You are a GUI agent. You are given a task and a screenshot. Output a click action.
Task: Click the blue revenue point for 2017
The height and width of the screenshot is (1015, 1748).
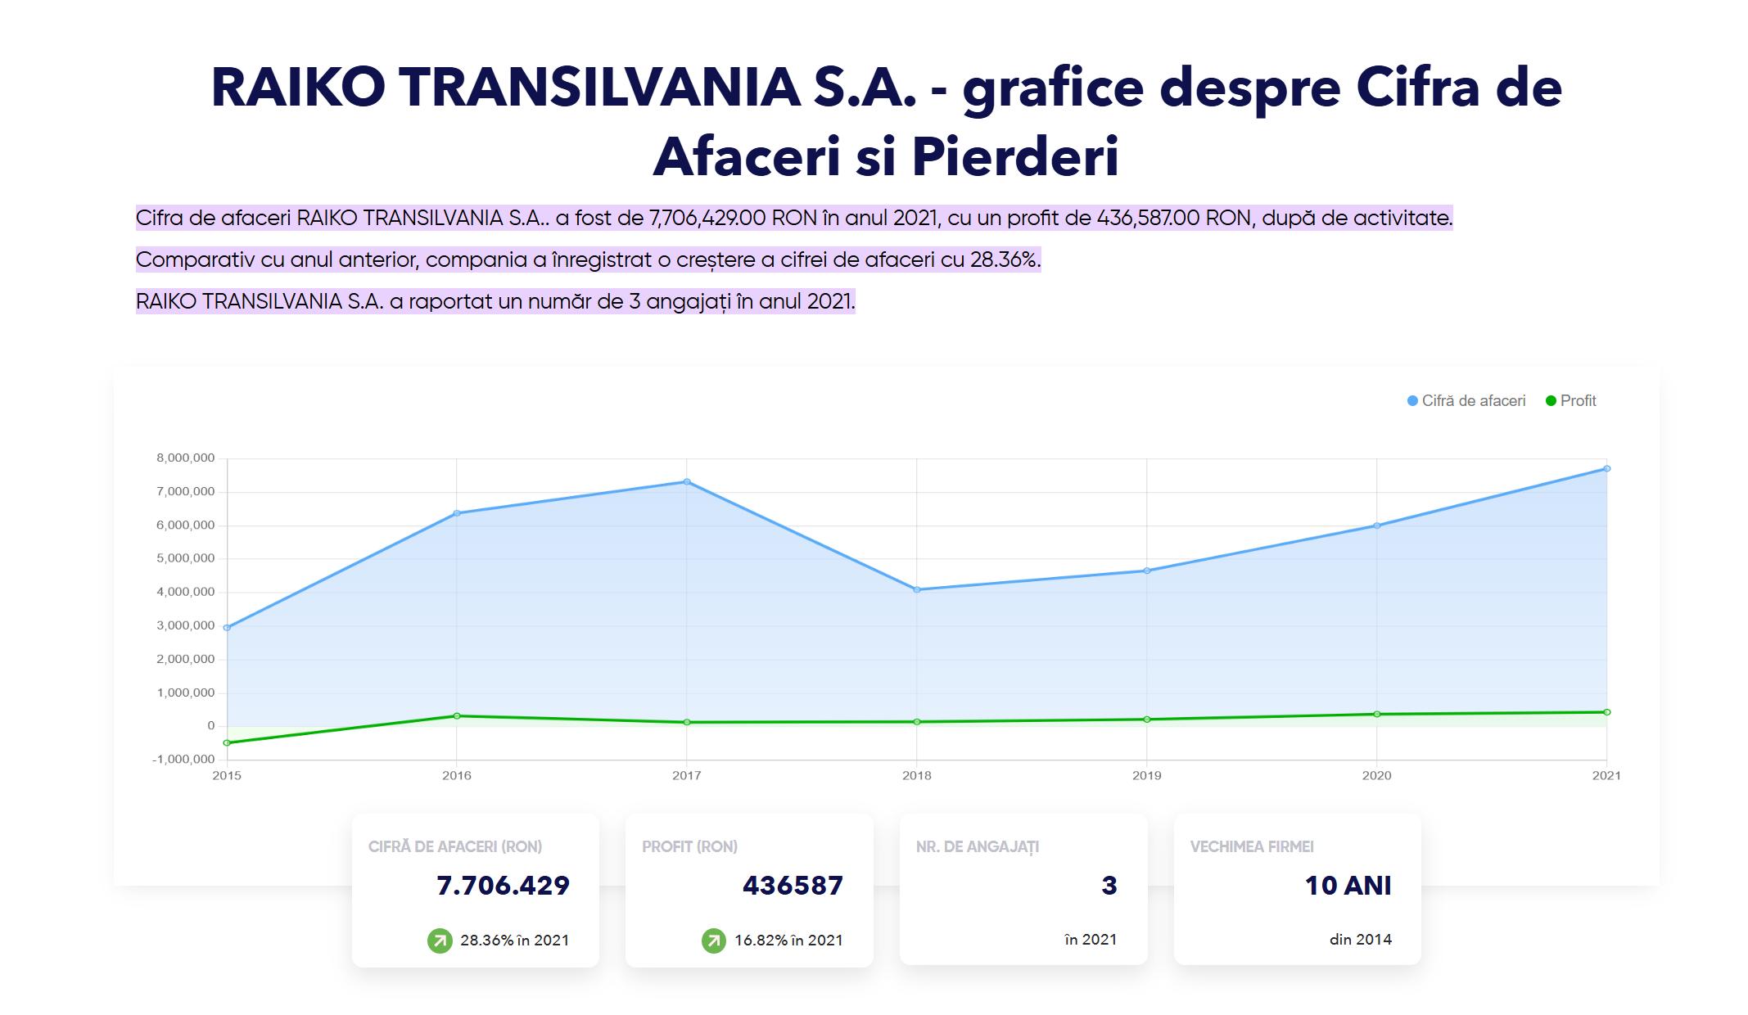tap(687, 481)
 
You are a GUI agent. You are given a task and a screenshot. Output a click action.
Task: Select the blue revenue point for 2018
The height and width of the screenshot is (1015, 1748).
tap(917, 589)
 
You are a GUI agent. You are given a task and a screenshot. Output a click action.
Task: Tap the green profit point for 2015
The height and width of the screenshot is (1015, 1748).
tap(227, 742)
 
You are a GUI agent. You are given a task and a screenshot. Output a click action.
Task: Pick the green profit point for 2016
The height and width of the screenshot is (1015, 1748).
tap(457, 716)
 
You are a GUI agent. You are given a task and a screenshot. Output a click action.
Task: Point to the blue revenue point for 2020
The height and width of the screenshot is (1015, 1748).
tap(1376, 526)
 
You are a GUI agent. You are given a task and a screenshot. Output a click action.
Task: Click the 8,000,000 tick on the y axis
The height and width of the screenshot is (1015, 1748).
tap(186, 458)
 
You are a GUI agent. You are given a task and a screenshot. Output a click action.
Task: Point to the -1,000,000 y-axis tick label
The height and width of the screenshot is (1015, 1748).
tap(183, 760)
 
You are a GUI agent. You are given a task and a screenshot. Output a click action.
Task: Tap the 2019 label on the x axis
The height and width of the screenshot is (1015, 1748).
tap(1146, 776)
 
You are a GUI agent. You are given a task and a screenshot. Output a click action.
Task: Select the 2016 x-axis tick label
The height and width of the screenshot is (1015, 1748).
tap(457, 776)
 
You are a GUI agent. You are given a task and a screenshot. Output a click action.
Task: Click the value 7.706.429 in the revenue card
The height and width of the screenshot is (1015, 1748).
tap(503, 886)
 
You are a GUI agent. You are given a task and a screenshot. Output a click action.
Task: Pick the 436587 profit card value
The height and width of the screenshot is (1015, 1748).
tap(793, 886)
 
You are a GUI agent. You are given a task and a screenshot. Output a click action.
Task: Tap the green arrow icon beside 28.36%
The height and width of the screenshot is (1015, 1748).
tap(440, 941)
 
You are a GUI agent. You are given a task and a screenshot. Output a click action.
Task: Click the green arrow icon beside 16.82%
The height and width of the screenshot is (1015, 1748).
tap(714, 941)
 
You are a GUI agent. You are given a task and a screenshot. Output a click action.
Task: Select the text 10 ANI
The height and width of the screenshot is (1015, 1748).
tap(1348, 886)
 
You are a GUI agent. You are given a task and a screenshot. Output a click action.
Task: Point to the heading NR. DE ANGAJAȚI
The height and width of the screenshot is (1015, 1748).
tap(978, 847)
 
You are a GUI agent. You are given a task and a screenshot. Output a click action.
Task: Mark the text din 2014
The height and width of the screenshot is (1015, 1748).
tap(1360, 940)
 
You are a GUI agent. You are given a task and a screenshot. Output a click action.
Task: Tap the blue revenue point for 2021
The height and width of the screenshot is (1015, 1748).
tap(1606, 469)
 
